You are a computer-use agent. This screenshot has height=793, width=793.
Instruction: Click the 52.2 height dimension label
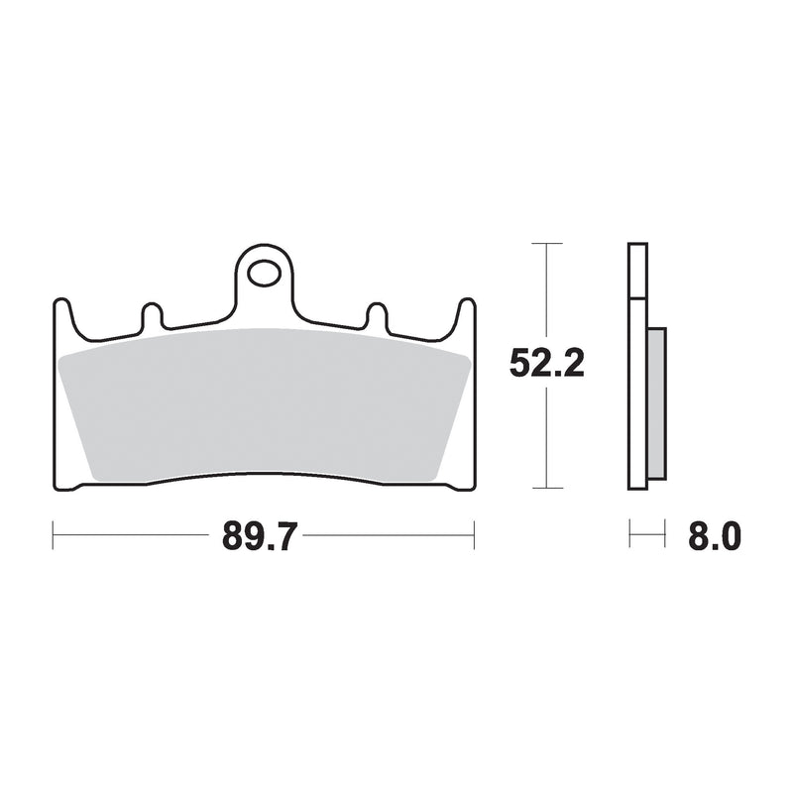click(547, 363)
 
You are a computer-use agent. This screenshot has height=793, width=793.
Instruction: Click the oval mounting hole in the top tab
click(264, 274)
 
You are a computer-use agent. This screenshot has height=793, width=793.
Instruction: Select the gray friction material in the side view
click(656, 403)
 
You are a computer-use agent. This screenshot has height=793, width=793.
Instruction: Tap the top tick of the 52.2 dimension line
click(547, 243)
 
